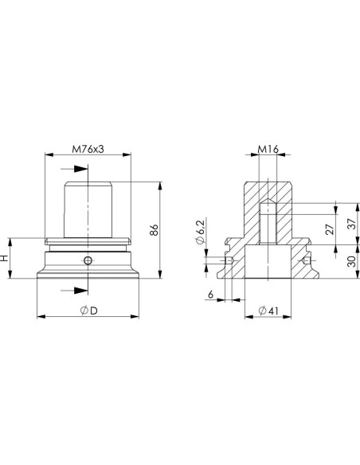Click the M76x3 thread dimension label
tap(88, 149)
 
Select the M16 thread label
tap(268, 149)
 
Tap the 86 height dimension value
tap(154, 230)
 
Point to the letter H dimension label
tap(4, 258)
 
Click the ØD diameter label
tap(89, 311)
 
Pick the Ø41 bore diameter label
tap(268, 311)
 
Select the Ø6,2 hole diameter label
tap(201, 232)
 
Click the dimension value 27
tap(330, 229)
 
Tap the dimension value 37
tap(351, 224)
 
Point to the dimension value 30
tap(351, 261)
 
